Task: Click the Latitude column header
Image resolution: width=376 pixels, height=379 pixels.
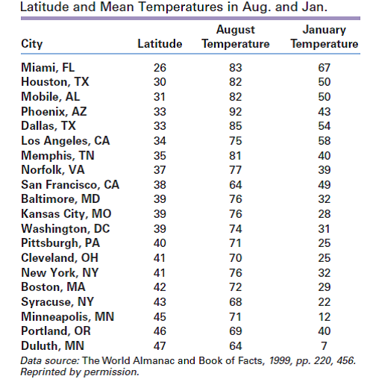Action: pyautogui.click(x=160, y=44)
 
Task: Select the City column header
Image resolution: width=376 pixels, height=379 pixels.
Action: pyautogui.click(x=32, y=44)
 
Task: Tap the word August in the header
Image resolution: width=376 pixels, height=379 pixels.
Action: pyautogui.click(x=236, y=30)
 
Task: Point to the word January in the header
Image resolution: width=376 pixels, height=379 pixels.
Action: pyautogui.click(x=325, y=30)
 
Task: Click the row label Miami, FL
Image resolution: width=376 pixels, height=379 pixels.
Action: pyautogui.click(x=48, y=68)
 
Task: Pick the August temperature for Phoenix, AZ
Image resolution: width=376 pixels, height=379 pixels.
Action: pyautogui.click(x=235, y=112)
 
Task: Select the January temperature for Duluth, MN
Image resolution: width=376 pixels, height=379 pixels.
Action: pyautogui.click(x=324, y=346)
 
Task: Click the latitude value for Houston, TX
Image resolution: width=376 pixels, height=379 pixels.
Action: pyautogui.click(x=160, y=82)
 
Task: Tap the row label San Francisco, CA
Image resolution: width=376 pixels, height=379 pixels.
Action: pyautogui.click(x=70, y=185)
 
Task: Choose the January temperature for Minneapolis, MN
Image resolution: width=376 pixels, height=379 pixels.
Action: pyautogui.click(x=324, y=317)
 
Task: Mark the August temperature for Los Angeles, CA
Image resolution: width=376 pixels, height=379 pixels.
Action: pyautogui.click(x=235, y=141)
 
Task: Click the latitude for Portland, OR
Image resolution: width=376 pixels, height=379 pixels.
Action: pyautogui.click(x=160, y=331)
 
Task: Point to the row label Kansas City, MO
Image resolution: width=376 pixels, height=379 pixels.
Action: pyautogui.click(x=66, y=214)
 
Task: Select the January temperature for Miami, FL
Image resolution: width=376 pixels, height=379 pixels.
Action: pyautogui.click(x=324, y=68)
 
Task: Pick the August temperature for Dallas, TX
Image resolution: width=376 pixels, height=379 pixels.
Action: pyautogui.click(x=235, y=126)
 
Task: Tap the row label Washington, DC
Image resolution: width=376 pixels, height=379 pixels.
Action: pyautogui.click(x=66, y=229)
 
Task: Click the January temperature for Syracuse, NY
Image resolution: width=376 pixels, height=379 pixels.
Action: pyautogui.click(x=324, y=302)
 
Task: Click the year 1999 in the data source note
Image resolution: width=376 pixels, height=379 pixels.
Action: pyautogui.click(x=281, y=361)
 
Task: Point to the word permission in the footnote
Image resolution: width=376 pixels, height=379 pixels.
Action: pyautogui.click(x=111, y=372)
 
